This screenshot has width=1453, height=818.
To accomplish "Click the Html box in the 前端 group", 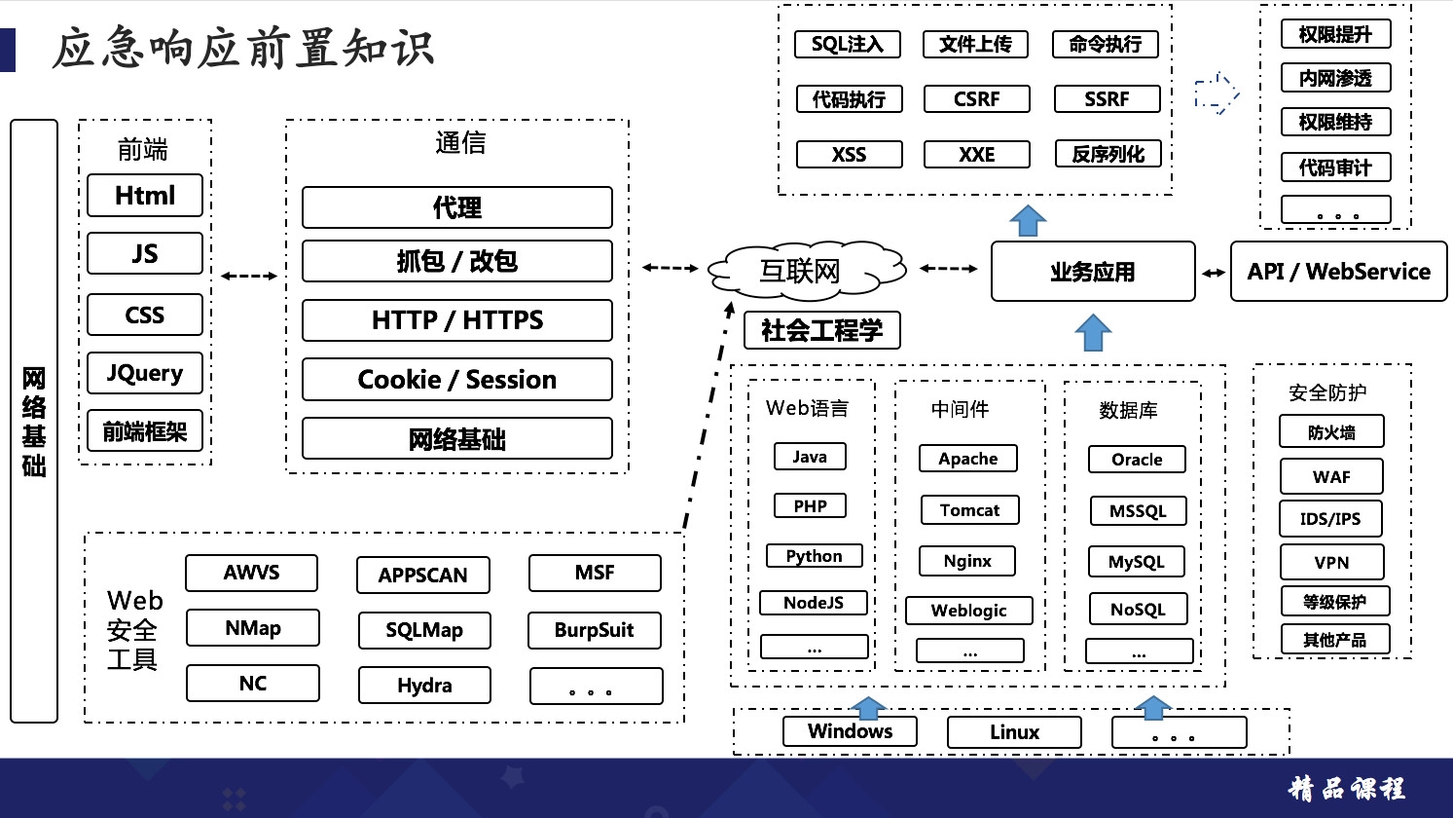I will coord(145,196).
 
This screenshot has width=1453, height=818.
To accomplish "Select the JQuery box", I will coord(145,373).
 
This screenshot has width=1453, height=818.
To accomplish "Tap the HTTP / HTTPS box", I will coord(457,320).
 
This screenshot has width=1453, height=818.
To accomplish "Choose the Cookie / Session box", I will coord(457,380).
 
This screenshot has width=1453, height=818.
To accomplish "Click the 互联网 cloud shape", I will coord(804,270).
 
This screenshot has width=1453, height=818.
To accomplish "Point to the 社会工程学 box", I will coord(822,331).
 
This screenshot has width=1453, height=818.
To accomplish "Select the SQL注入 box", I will coord(847,45).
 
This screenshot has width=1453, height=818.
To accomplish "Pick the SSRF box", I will coord(1107,99).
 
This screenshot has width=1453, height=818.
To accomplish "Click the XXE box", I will coord(976,155).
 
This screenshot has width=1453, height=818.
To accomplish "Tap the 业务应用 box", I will coord(1093,272).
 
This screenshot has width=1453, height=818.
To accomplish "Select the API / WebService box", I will coord(1338,272).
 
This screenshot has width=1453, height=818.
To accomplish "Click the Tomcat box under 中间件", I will coord(969,510).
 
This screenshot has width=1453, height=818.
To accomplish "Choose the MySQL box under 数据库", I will coord(1137,562).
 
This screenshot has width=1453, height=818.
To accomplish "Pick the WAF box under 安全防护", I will coord(1331,477).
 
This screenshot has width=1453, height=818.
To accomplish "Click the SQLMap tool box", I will coord(424,630).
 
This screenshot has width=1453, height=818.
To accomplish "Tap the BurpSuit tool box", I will coord(594,630).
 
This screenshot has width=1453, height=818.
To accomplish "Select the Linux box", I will coord(1014,732).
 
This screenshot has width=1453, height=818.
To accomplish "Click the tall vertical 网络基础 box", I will coord(34,421).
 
